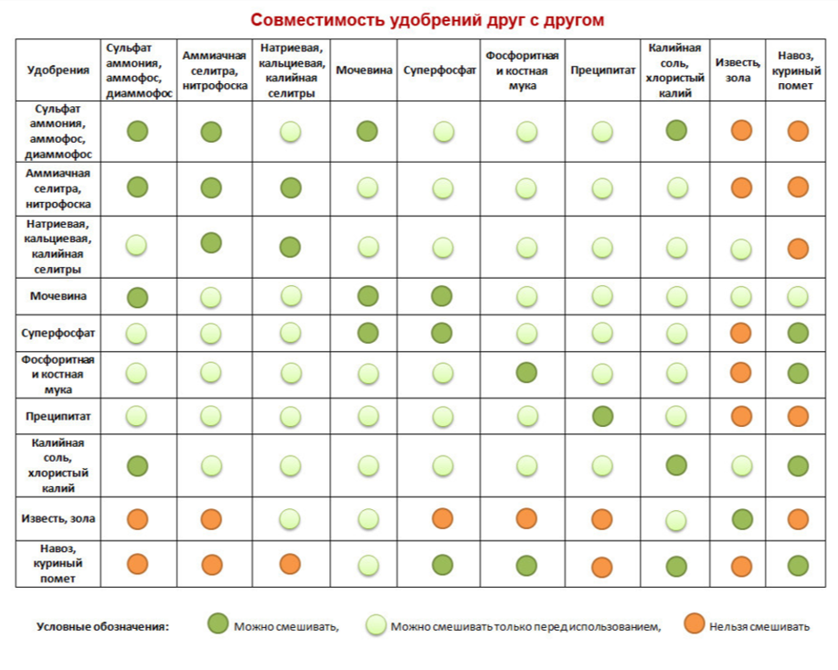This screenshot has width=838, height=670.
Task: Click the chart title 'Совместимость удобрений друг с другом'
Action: click(x=427, y=20)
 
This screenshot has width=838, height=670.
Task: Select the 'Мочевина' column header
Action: click(x=364, y=70)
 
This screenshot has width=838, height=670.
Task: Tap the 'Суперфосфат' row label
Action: click(x=58, y=333)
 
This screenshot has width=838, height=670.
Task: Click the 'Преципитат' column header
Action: click(x=603, y=70)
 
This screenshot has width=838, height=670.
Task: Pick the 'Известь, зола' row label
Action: click(x=58, y=518)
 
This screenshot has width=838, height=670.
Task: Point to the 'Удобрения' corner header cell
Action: click(x=58, y=70)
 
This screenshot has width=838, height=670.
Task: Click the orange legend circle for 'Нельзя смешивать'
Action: click(x=694, y=625)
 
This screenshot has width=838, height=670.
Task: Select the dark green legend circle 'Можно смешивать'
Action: click(x=218, y=625)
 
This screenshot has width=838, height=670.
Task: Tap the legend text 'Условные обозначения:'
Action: click(x=103, y=626)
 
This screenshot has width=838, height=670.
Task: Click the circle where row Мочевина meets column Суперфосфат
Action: click(x=442, y=297)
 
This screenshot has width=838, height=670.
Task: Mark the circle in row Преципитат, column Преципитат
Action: click(x=603, y=415)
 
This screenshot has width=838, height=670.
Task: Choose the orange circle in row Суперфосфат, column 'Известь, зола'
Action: click(x=741, y=333)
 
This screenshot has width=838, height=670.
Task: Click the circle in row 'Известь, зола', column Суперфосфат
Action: click(x=442, y=518)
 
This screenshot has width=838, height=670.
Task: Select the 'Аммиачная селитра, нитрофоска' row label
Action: click(x=58, y=188)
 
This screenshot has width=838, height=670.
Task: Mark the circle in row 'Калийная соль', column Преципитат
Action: click(x=603, y=465)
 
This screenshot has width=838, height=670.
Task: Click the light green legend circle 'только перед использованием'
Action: click(x=376, y=625)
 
